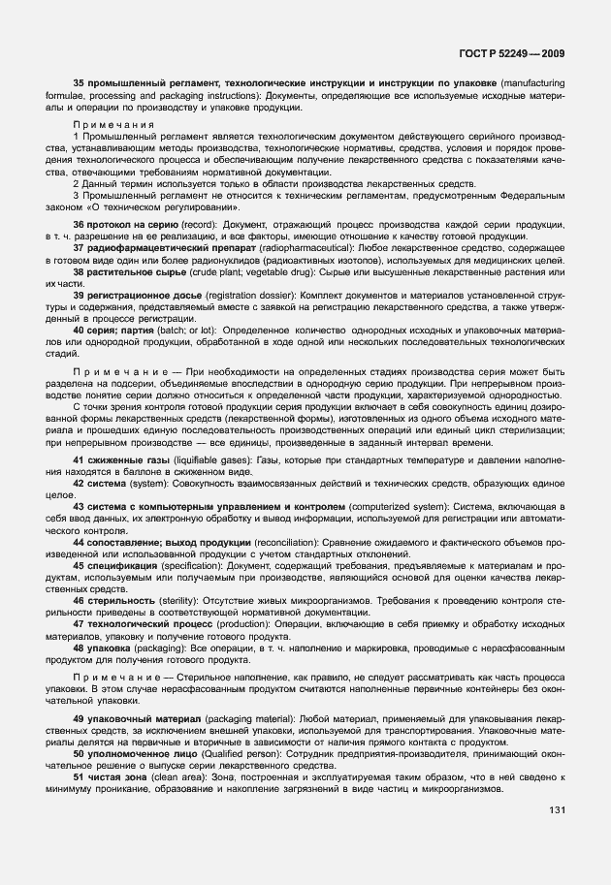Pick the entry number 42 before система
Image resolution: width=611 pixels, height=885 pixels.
pos(80,482)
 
